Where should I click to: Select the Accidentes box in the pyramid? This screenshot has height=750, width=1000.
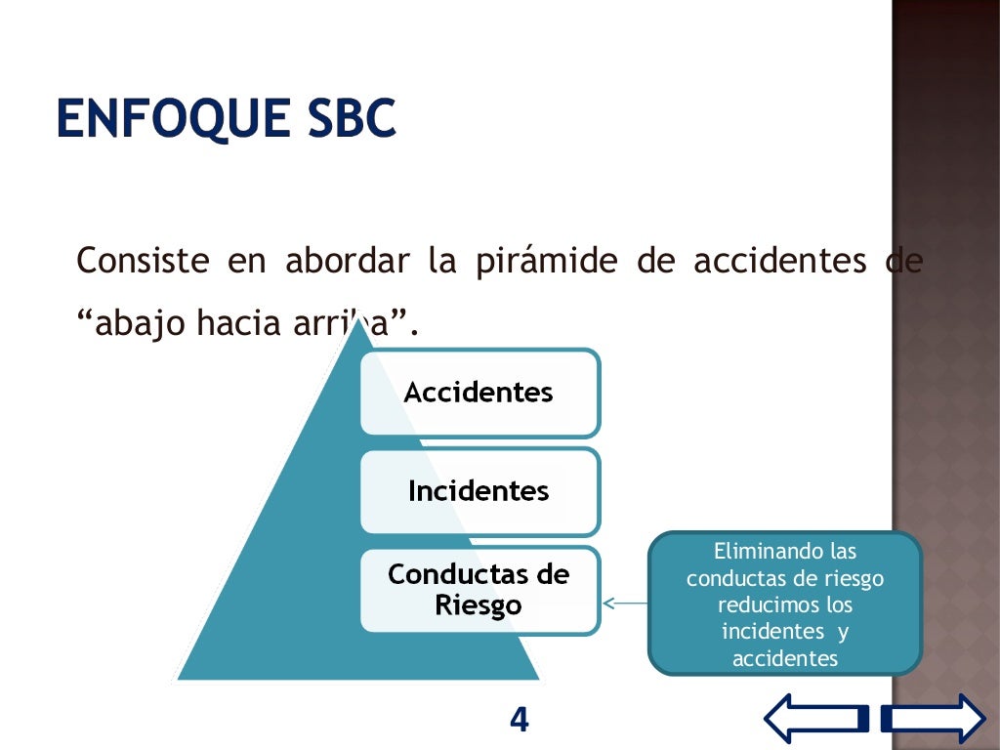(479, 393)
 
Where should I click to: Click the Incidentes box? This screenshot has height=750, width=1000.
(479, 490)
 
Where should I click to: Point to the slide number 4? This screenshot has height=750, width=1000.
(520, 721)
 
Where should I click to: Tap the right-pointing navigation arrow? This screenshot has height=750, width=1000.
(934, 719)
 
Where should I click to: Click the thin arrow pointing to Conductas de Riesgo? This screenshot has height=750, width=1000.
(625, 603)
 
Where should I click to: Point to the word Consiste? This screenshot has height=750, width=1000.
(143, 263)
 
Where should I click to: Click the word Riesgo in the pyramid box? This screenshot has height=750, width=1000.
(479, 605)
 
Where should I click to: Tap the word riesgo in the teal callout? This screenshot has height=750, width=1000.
(853, 578)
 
